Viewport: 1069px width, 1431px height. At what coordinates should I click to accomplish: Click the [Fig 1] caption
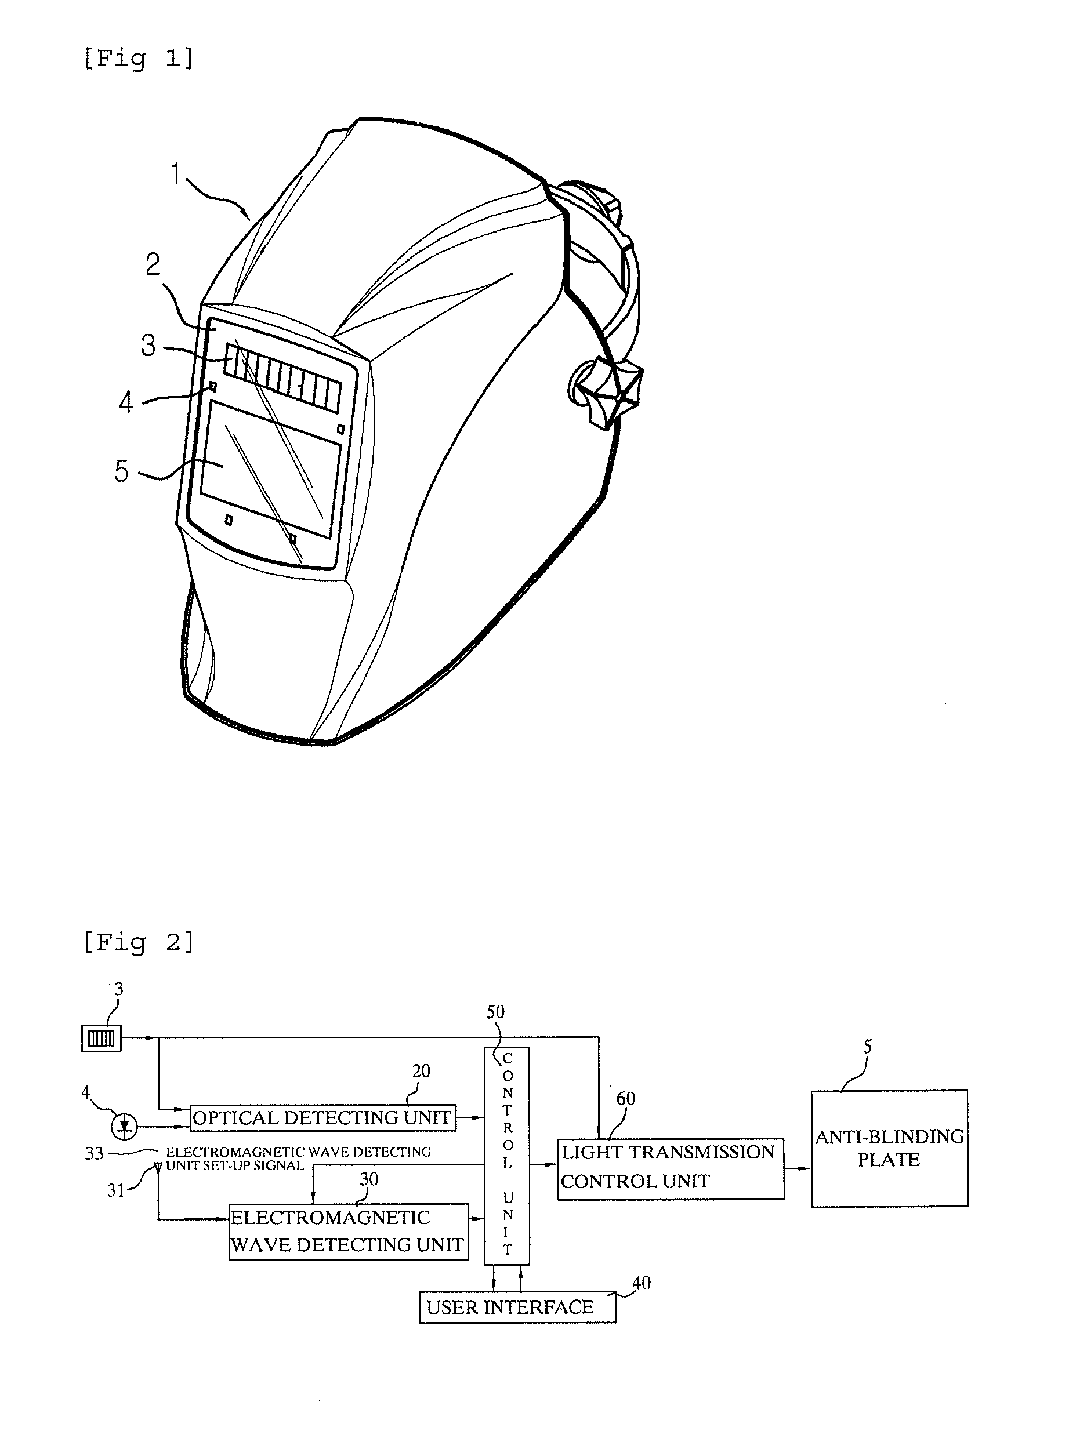click(138, 58)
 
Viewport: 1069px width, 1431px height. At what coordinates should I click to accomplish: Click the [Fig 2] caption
click(138, 943)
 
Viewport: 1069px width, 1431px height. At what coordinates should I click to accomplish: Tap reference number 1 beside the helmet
click(175, 173)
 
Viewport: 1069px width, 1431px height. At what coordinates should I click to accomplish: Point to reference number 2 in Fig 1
click(153, 264)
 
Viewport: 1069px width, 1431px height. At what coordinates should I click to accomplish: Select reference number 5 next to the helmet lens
click(122, 471)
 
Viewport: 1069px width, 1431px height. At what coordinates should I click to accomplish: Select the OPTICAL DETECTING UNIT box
click(322, 1117)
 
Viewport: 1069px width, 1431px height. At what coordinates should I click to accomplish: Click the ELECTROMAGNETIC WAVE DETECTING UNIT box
click(348, 1231)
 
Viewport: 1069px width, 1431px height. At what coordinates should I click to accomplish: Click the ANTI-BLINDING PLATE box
click(889, 1148)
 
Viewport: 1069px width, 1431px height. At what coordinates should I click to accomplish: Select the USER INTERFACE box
click(516, 1307)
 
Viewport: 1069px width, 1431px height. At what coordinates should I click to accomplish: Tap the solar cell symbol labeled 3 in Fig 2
click(101, 1038)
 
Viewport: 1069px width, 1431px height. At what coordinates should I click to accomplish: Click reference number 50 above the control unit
click(495, 1011)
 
